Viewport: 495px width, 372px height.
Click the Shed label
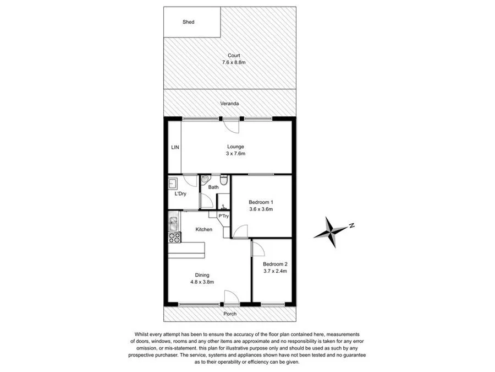tap(189, 22)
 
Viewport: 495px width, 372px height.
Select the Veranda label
tap(230, 104)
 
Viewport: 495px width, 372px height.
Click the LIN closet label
tap(174, 147)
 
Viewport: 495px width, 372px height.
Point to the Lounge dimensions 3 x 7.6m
tap(236, 154)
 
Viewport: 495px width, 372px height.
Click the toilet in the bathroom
tap(223, 181)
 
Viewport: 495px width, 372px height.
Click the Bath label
tap(213, 188)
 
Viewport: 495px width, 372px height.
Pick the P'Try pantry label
tap(224, 217)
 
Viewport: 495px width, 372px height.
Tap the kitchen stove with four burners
tap(174, 238)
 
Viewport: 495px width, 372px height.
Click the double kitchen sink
tap(174, 223)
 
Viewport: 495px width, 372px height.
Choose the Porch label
tap(230, 314)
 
